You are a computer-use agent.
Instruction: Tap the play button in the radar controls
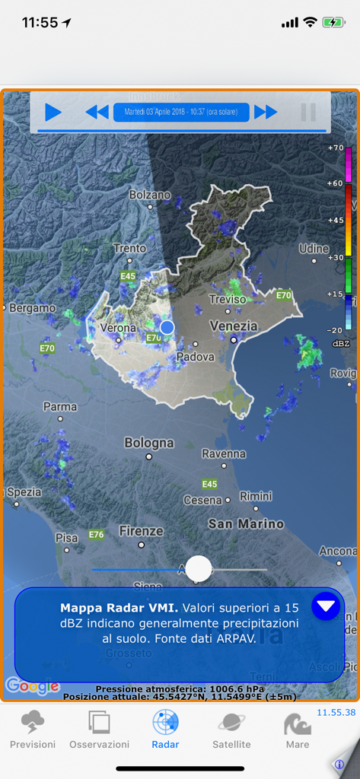[x=53, y=113]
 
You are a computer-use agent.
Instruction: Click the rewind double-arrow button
[x=97, y=113]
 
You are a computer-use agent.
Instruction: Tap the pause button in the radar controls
[x=308, y=113]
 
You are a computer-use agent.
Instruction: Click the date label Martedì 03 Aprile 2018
[x=181, y=113]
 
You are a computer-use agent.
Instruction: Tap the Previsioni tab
[x=33, y=730]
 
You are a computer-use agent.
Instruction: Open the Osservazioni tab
[x=99, y=730]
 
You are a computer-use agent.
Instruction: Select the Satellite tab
[x=231, y=730]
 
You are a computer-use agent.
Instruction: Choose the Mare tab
[x=298, y=730]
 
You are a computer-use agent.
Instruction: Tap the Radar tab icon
[x=165, y=722]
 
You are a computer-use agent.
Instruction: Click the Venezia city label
[x=233, y=326]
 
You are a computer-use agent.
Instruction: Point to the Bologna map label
[x=149, y=443]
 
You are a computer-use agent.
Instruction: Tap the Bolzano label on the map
[x=150, y=195]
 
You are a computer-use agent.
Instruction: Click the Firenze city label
[x=141, y=530]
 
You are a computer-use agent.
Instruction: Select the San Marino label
[x=246, y=523]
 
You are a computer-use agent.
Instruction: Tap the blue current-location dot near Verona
[x=167, y=327]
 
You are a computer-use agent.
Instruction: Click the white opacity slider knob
[x=199, y=568]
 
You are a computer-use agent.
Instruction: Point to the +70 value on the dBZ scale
[x=335, y=148]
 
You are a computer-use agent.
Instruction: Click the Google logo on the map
[x=32, y=686]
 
